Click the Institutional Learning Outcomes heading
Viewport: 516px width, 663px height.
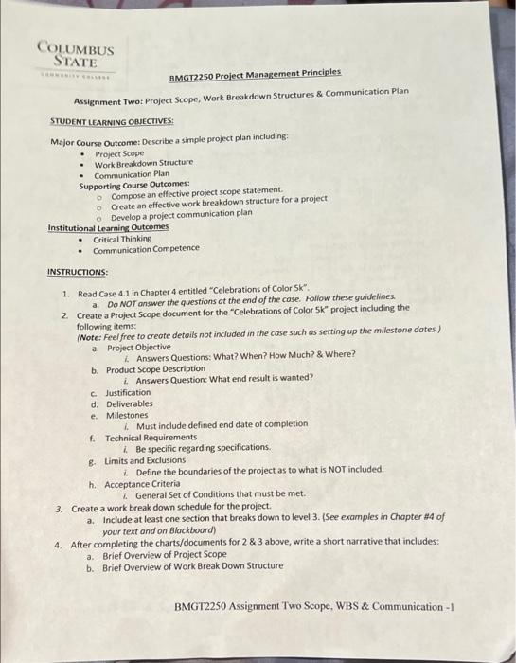pos(108,227)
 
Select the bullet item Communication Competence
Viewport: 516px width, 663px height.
pos(146,249)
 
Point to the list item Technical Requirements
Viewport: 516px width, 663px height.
pos(146,438)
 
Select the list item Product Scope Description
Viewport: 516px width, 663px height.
pos(154,369)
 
